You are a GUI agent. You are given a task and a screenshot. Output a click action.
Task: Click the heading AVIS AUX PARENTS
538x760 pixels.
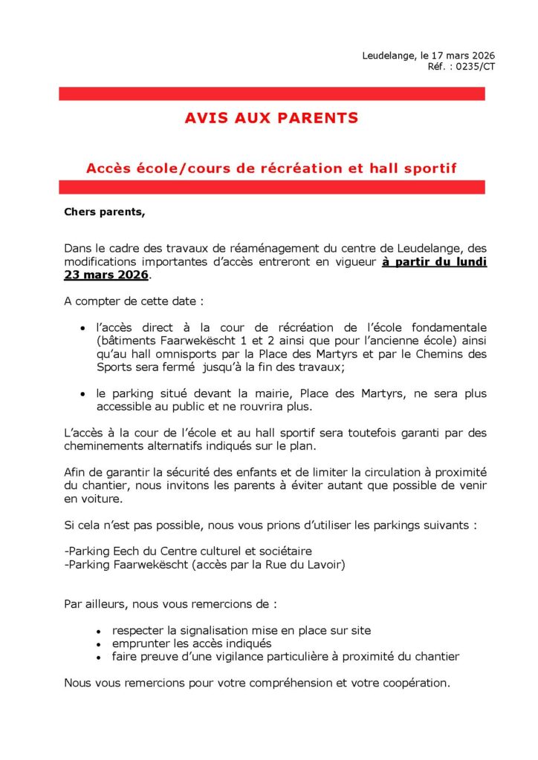point(271,118)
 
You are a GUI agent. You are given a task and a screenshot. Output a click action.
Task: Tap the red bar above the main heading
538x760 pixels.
point(271,94)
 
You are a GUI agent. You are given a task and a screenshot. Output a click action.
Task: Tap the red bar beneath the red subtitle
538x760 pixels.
point(271,187)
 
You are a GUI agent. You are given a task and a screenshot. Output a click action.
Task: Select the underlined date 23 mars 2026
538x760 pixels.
point(107,275)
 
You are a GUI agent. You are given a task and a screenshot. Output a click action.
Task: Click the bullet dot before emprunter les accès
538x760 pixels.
point(99,643)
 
